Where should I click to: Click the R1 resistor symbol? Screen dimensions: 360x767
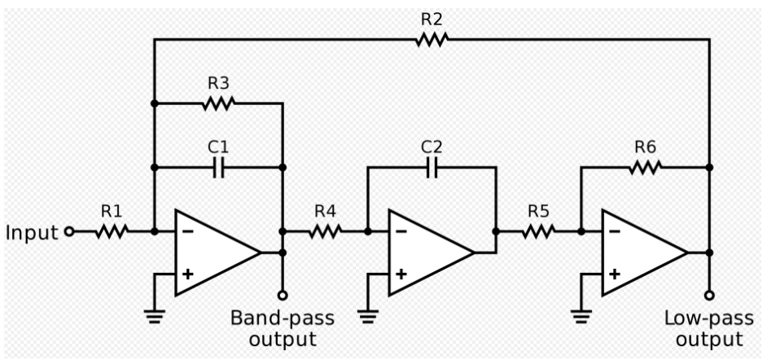pos(112,231)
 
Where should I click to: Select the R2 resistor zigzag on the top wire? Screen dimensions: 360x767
pos(431,39)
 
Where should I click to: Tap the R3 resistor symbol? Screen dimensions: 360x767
pos(218,103)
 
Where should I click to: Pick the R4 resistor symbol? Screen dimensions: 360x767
pos(325,231)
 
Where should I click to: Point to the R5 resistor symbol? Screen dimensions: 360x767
pos(538,231)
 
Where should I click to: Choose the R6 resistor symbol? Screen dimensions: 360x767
pos(645,168)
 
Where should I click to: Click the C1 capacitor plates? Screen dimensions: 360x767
pos(218,168)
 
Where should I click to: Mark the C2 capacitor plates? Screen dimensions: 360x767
pos(432,168)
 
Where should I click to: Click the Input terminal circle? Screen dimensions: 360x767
pos(69,231)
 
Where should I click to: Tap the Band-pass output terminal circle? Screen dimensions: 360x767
pos(283,295)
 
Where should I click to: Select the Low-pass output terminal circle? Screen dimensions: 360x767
pos(709,295)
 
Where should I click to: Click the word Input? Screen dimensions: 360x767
pos(33,232)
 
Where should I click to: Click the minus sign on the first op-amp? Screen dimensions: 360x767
pos(187,231)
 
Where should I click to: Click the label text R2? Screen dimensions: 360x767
pos(431,17)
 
